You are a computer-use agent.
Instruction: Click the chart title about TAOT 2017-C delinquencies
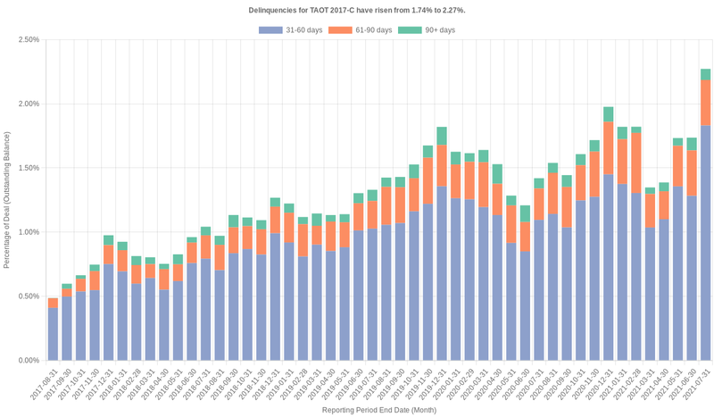pos(356,10)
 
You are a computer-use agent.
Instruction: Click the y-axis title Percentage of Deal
pos(7,199)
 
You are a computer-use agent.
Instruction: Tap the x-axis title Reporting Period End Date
pos(378,410)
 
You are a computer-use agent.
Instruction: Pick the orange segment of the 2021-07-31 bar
pos(705,103)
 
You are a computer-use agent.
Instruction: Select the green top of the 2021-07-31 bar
pos(705,74)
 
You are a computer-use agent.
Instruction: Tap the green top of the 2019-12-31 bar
pos(442,136)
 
